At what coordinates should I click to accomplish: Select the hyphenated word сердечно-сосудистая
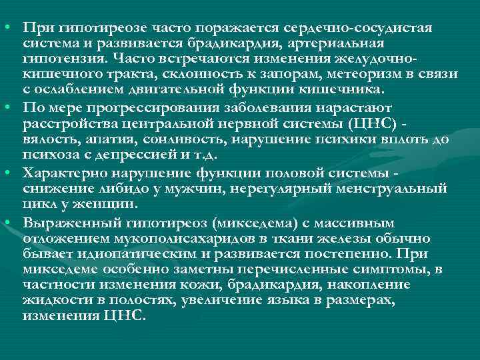359,29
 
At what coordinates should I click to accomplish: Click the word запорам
283,74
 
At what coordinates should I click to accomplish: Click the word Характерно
59,171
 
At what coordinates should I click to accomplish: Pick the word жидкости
51,299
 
